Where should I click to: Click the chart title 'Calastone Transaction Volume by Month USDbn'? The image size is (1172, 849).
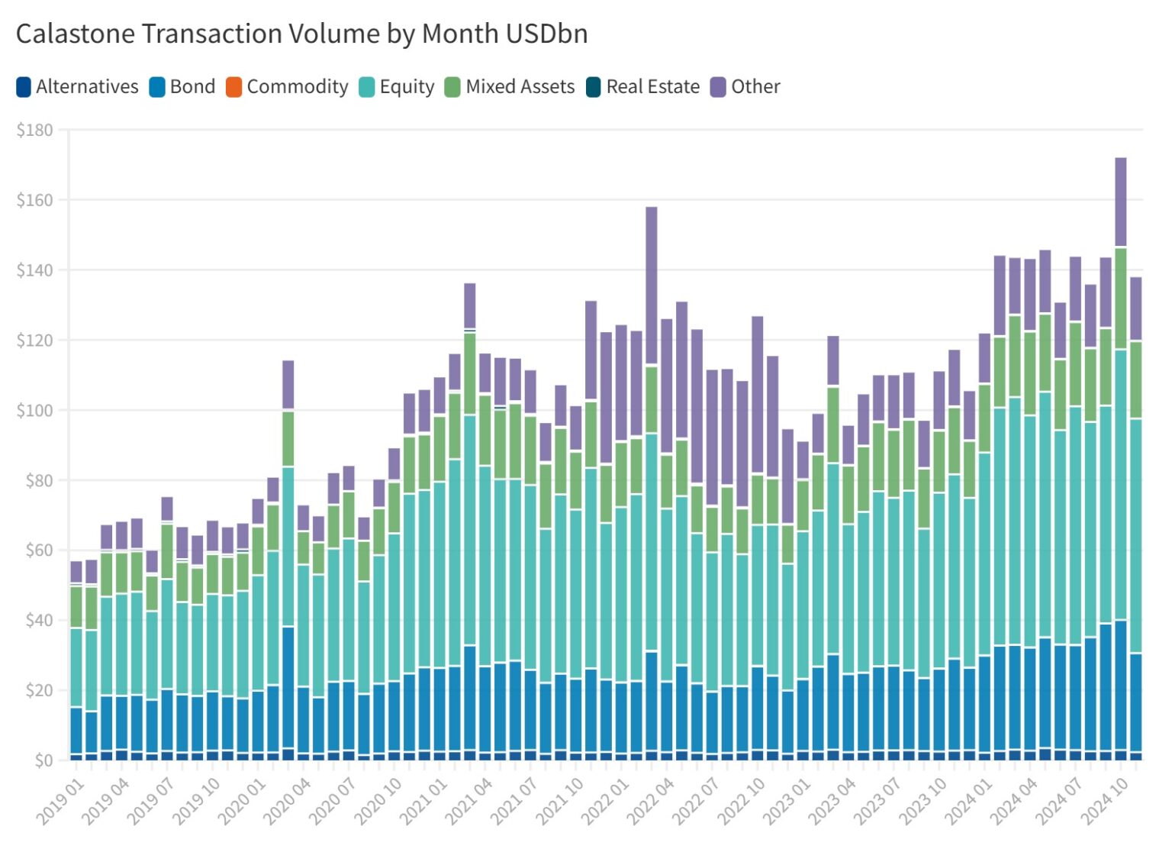coord(301,34)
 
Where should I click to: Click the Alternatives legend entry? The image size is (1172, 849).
coord(77,87)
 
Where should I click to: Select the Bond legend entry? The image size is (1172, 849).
coord(183,87)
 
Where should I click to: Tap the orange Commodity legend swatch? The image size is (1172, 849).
coord(233,87)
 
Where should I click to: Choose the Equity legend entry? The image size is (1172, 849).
coord(397,87)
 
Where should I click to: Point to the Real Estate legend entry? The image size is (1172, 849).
coord(642,87)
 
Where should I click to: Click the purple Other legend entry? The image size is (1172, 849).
coord(745,87)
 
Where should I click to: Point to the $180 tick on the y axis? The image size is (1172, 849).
coord(35,131)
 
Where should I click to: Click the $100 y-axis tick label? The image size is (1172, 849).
coord(35,411)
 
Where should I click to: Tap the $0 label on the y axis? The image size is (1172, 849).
coord(43,760)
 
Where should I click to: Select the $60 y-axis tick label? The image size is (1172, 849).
coord(35,550)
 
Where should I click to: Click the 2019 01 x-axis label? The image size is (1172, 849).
coord(60,802)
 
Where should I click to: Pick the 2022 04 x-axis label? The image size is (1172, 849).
coord(650,802)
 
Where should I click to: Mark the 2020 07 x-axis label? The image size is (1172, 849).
coord(332,802)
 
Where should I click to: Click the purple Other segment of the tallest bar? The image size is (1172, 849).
coord(1120,202)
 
